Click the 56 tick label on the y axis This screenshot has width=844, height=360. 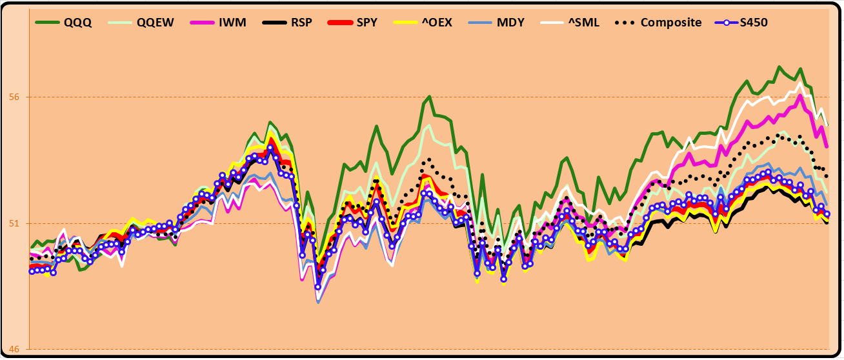(x=14, y=97)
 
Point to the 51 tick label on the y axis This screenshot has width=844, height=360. (x=14, y=223)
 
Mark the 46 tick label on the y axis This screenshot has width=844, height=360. (x=14, y=350)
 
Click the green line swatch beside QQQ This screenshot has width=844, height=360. (x=47, y=22)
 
